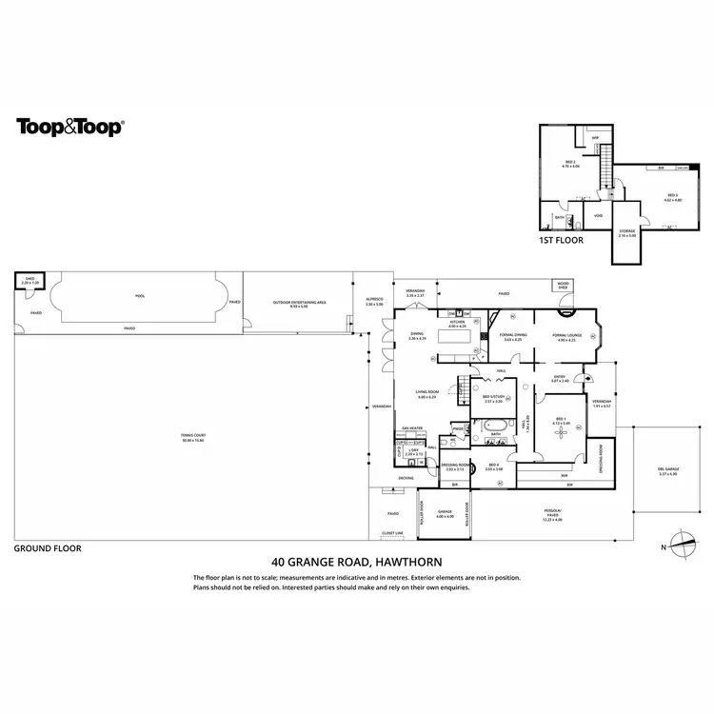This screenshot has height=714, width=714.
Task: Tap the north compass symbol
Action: (683, 545)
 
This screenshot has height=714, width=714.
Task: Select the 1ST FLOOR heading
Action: (561, 240)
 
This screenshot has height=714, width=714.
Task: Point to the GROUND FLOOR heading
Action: (48, 548)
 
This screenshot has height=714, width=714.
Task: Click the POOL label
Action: (140, 296)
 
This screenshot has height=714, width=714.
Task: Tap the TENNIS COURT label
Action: (193, 437)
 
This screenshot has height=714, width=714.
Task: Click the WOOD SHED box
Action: (563, 285)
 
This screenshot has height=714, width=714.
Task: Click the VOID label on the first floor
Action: (598, 215)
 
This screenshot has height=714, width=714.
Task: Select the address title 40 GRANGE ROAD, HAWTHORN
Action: (357, 562)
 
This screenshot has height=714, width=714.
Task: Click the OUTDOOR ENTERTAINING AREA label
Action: (299, 303)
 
